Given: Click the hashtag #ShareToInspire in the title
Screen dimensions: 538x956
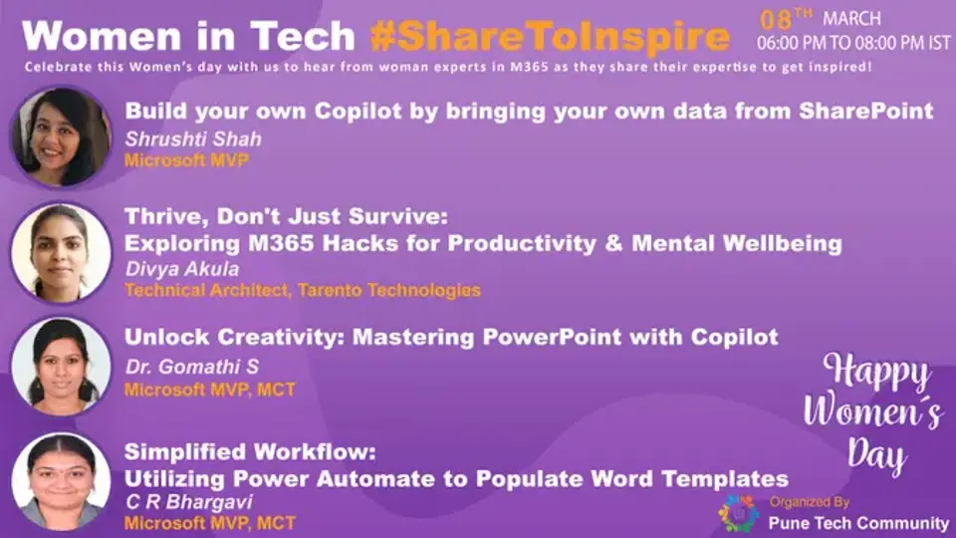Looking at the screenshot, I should tap(550, 37).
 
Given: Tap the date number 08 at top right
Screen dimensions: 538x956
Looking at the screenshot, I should tap(777, 20).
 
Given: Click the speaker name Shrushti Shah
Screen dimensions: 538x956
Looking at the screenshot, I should tap(182, 138).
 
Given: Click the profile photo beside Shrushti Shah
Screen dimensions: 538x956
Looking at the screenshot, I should tap(60, 136).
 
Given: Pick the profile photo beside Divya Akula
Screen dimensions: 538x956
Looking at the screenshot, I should tap(60, 252).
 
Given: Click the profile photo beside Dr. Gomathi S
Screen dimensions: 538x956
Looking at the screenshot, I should tap(60, 366).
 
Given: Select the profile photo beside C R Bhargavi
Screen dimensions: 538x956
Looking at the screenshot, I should tap(60, 481).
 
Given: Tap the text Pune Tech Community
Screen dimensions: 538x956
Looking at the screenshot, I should tap(858, 523).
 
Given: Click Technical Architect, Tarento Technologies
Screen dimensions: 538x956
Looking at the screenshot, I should tap(302, 291).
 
